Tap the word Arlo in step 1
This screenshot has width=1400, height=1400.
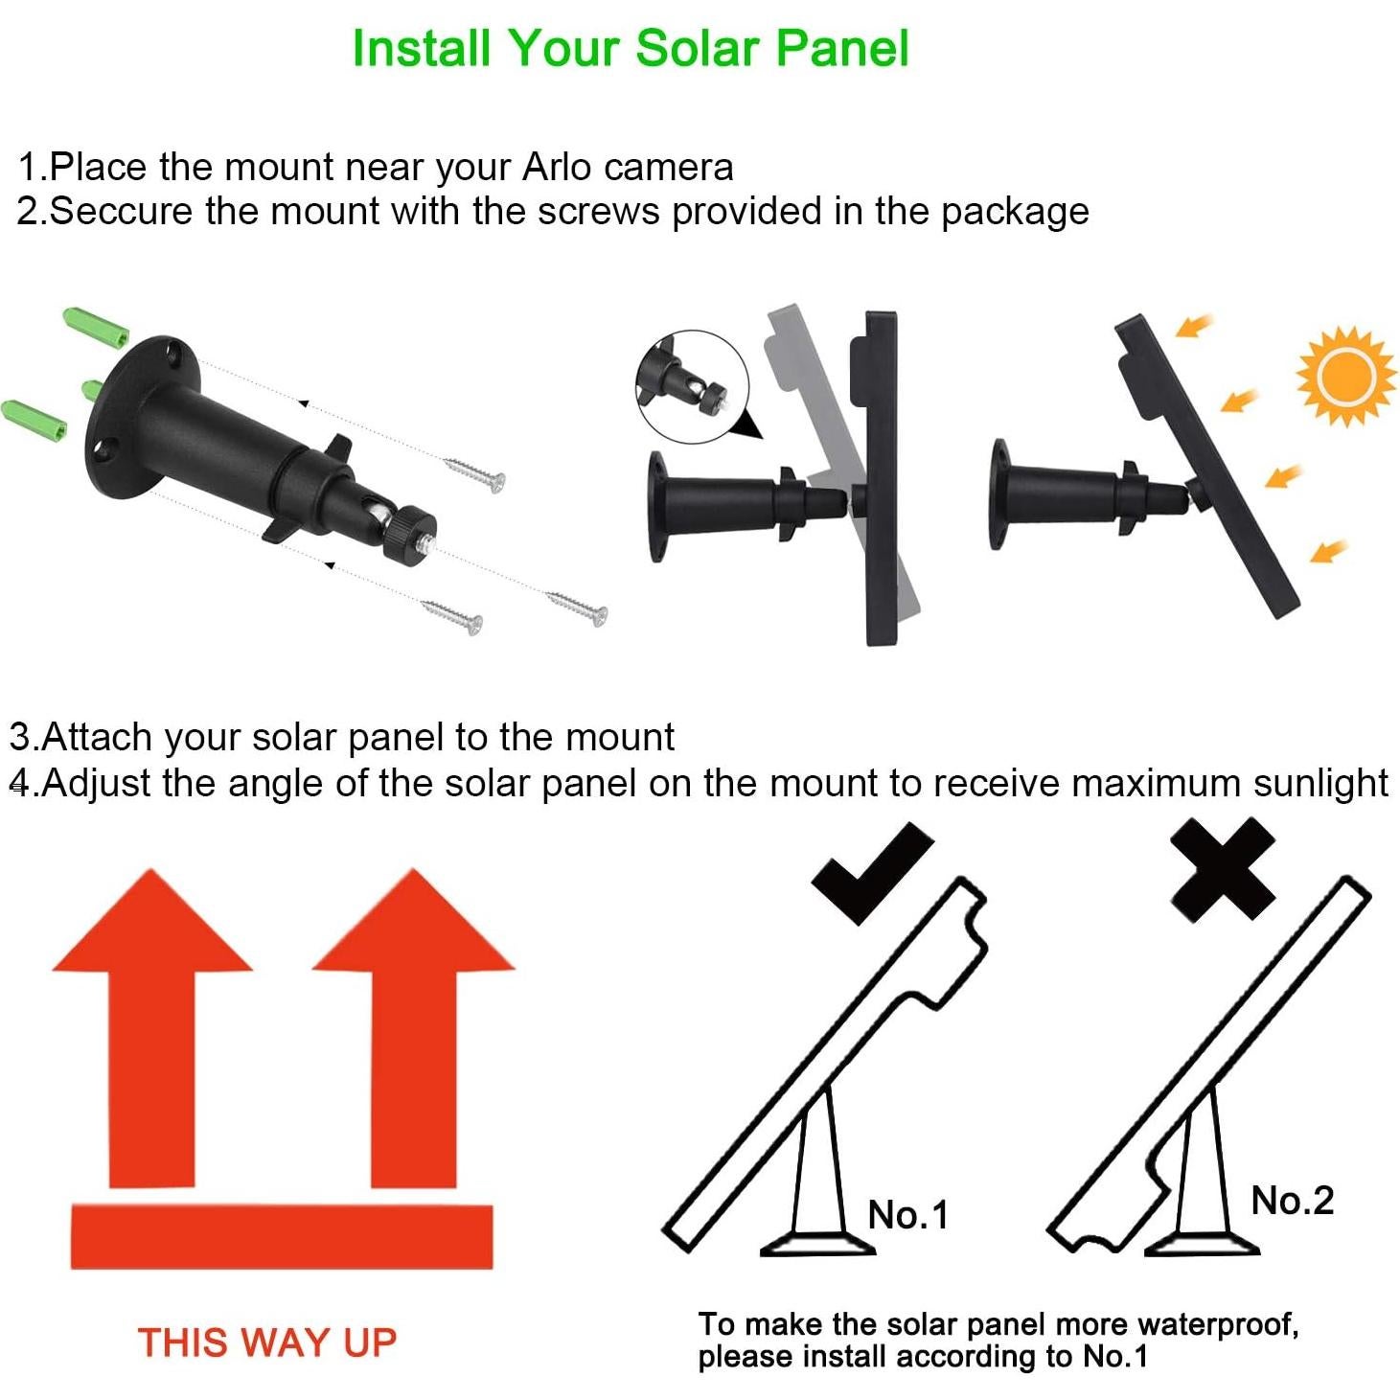[x=557, y=167]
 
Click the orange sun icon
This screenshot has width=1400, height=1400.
[x=1345, y=377]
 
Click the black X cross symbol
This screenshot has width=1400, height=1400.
[x=1224, y=869]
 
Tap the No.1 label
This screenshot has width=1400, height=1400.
[x=907, y=1214]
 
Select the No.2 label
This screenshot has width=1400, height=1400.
[x=1292, y=1200]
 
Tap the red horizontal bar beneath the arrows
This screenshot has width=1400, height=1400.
[x=282, y=1236]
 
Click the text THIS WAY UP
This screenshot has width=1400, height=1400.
[x=266, y=1342]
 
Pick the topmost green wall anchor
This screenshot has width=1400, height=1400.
[x=96, y=330]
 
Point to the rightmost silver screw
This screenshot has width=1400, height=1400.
[x=578, y=608]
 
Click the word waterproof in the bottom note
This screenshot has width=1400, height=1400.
[x=1217, y=1325]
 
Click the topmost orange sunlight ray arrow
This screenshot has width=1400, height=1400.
[x=1193, y=328]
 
